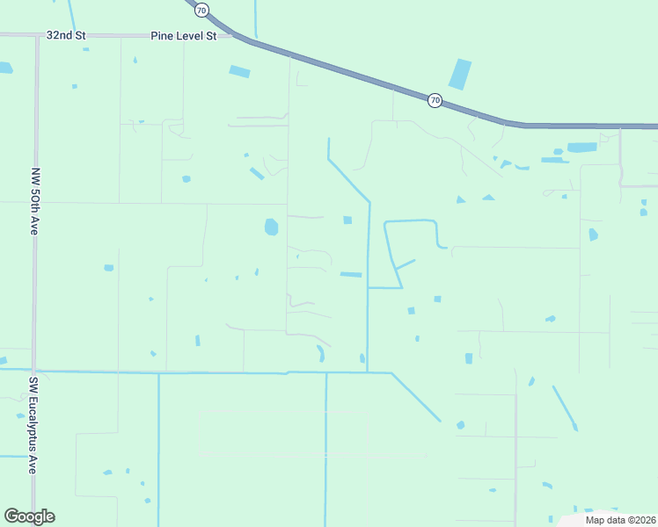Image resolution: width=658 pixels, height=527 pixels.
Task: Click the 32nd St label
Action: tap(65, 36)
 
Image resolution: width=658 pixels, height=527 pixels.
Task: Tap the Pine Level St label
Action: tap(184, 36)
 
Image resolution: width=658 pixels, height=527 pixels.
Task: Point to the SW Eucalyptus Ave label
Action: tap(34, 425)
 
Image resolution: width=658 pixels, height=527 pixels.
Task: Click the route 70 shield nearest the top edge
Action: tap(202, 11)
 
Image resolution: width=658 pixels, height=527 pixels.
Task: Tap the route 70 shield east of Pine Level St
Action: tap(435, 101)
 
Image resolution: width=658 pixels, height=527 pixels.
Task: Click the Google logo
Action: tap(29, 516)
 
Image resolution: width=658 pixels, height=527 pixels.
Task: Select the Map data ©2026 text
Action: tap(619, 520)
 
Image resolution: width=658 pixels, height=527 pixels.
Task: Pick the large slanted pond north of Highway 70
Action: tap(459, 75)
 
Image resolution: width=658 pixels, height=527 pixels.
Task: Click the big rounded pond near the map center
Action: tap(271, 227)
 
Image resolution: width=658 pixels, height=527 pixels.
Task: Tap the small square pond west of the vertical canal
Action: tap(347, 220)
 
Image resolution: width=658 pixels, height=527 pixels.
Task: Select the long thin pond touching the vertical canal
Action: tap(351, 275)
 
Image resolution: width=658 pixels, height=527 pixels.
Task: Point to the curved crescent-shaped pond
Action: tap(320, 353)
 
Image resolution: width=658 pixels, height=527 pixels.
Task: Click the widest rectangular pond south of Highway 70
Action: tap(581, 148)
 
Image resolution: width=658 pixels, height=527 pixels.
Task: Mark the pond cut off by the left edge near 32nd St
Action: tap(5, 68)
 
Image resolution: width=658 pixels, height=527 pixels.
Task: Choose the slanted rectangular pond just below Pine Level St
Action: tap(239, 71)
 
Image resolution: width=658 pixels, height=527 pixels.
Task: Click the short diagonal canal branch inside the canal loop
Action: tap(405, 263)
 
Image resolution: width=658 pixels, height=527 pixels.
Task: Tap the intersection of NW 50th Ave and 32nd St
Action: tap(37, 36)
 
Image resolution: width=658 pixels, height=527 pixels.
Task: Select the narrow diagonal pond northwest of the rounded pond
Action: tap(257, 173)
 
